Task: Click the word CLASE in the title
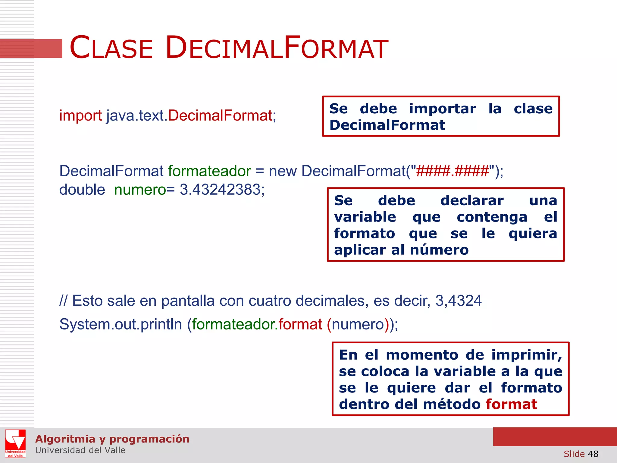point(111,48)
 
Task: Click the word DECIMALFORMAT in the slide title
point(277,48)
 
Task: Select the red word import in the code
point(80,115)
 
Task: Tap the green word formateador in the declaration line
point(209,171)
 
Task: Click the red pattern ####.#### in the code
point(452,171)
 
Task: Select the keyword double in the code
point(82,190)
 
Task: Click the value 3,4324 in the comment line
point(458,301)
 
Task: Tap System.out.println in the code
point(121,324)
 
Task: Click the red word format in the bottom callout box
point(511,404)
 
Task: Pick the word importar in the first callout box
point(443,109)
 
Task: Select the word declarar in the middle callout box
point(472,201)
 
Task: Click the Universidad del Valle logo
point(15,443)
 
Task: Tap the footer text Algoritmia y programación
point(112,439)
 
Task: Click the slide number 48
point(593,454)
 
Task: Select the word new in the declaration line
point(283,171)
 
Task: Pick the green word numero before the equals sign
point(140,190)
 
